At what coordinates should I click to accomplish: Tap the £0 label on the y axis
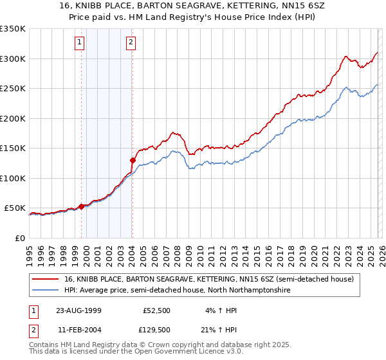[x=19, y=238]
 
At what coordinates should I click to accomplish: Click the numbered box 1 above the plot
[x=79, y=43]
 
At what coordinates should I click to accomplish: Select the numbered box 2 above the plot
[x=130, y=43]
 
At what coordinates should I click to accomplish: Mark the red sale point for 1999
[x=82, y=207]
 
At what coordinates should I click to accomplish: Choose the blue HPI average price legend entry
[x=177, y=291]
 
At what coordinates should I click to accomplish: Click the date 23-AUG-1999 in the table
[x=78, y=310]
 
